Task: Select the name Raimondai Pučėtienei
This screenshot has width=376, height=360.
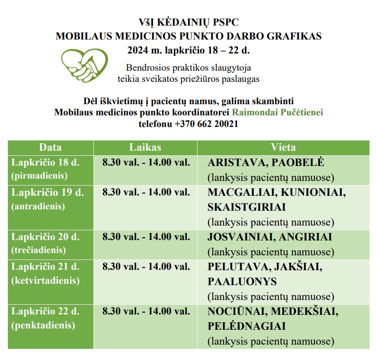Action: click(x=277, y=113)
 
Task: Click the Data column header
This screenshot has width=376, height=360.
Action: click(x=50, y=147)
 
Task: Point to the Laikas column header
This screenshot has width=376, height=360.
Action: click(x=145, y=147)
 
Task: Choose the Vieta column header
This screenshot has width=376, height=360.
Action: click(x=283, y=147)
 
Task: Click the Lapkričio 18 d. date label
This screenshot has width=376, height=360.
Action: click(x=45, y=163)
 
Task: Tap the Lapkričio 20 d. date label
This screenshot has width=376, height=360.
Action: click(x=45, y=237)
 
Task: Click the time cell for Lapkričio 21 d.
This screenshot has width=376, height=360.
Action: click(x=146, y=267)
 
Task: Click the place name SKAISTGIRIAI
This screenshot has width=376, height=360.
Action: click(x=246, y=207)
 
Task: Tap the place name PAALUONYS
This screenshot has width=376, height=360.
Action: click(x=242, y=281)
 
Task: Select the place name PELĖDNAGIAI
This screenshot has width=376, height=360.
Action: click(x=246, y=326)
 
